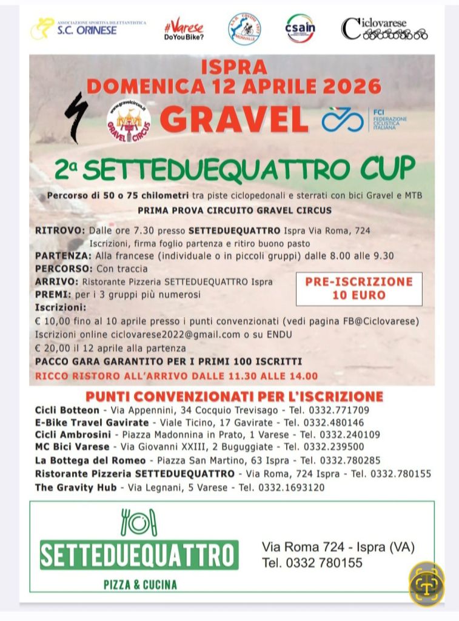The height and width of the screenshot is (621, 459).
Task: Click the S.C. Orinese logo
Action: (89, 27)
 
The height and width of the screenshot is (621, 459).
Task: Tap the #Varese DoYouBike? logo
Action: (184, 29)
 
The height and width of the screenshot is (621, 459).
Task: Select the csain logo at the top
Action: (300, 28)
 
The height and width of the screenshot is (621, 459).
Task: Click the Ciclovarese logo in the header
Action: (384, 29)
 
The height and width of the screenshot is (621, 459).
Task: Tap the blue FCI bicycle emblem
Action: (342, 119)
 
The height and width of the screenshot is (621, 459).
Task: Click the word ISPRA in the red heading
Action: (233, 65)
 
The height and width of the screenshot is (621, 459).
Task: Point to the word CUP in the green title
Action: (386, 168)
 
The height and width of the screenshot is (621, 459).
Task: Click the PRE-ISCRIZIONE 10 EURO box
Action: (359, 289)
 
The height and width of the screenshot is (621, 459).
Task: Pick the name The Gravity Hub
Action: (75, 487)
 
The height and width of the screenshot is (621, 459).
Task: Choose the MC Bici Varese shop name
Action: (72, 447)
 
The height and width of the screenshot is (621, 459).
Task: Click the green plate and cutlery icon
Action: (139, 522)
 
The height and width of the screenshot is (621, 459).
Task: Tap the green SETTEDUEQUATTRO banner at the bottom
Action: (139, 556)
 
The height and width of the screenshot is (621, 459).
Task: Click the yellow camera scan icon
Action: (426, 585)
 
